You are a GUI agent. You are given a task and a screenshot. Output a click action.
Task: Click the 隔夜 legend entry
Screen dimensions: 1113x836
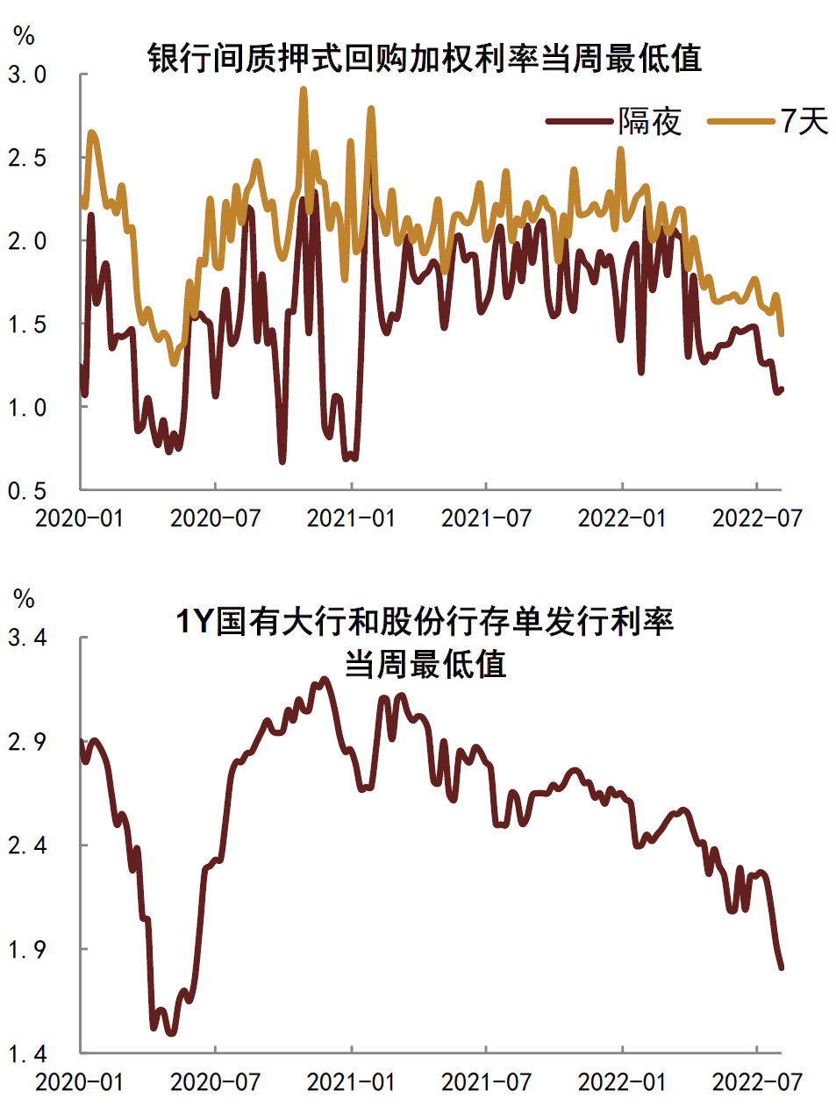point(649,121)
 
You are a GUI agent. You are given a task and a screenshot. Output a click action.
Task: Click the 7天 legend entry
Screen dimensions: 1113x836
point(804,121)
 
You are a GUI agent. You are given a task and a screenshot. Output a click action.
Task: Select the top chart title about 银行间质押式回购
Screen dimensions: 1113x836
point(425,58)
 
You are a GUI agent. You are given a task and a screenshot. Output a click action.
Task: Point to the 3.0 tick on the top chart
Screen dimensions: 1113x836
point(27,75)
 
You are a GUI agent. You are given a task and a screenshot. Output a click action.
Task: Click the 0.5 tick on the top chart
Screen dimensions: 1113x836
point(27,490)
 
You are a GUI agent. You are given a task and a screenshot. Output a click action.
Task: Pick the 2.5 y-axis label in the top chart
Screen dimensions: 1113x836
point(27,158)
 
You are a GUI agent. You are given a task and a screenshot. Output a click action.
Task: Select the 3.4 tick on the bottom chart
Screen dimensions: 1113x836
point(27,638)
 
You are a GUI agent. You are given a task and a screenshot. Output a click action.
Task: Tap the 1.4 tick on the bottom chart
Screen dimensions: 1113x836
point(27,1053)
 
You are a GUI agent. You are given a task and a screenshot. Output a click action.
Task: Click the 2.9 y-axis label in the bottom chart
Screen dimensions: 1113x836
point(27,742)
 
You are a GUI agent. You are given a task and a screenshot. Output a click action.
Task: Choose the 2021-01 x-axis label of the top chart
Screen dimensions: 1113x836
point(351,518)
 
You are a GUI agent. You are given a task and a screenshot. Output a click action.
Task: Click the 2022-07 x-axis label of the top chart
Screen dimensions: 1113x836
point(757,518)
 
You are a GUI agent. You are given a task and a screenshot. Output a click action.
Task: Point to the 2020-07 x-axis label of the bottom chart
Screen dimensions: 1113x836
point(215,1081)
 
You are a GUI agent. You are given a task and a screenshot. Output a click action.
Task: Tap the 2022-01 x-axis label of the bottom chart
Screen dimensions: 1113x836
point(622,1081)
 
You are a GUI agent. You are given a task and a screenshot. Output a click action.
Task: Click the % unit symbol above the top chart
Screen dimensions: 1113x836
point(24,36)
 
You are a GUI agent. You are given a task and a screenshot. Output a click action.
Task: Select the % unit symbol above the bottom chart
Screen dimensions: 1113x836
point(24,599)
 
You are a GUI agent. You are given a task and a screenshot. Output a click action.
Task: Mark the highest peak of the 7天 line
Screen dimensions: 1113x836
point(304,89)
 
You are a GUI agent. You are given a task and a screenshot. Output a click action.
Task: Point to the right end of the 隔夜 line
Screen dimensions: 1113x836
point(782,389)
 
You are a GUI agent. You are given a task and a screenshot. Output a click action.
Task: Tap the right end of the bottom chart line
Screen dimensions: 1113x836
point(781,968)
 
